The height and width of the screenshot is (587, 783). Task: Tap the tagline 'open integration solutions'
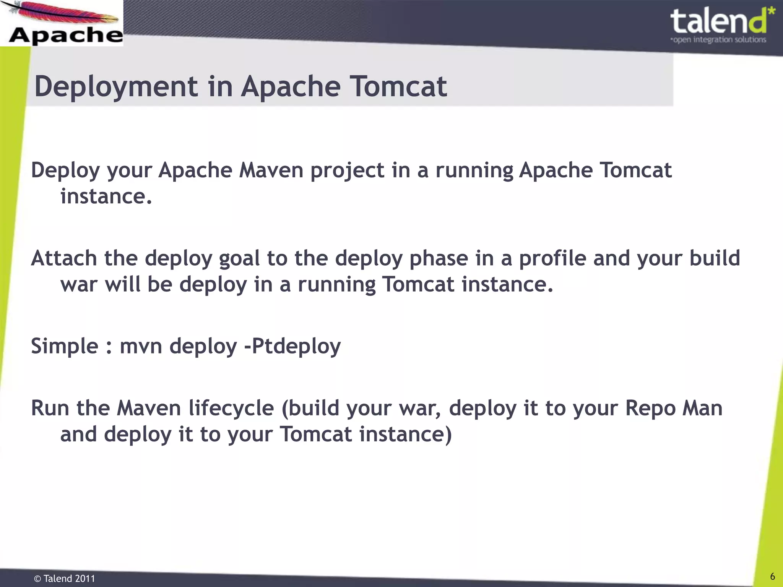(719, 40)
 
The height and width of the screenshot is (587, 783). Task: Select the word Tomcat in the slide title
(398, 87)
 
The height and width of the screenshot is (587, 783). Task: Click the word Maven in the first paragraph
(271, 170)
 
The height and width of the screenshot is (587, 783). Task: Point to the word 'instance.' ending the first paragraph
(106, 196)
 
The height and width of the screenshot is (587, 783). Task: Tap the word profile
(552, 258)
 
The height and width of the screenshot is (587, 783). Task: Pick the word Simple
(65, 346)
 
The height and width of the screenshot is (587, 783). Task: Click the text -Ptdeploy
(292, 346)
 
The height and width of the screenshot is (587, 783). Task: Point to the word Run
(50, 408)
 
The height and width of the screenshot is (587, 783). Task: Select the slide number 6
(772, 576)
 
